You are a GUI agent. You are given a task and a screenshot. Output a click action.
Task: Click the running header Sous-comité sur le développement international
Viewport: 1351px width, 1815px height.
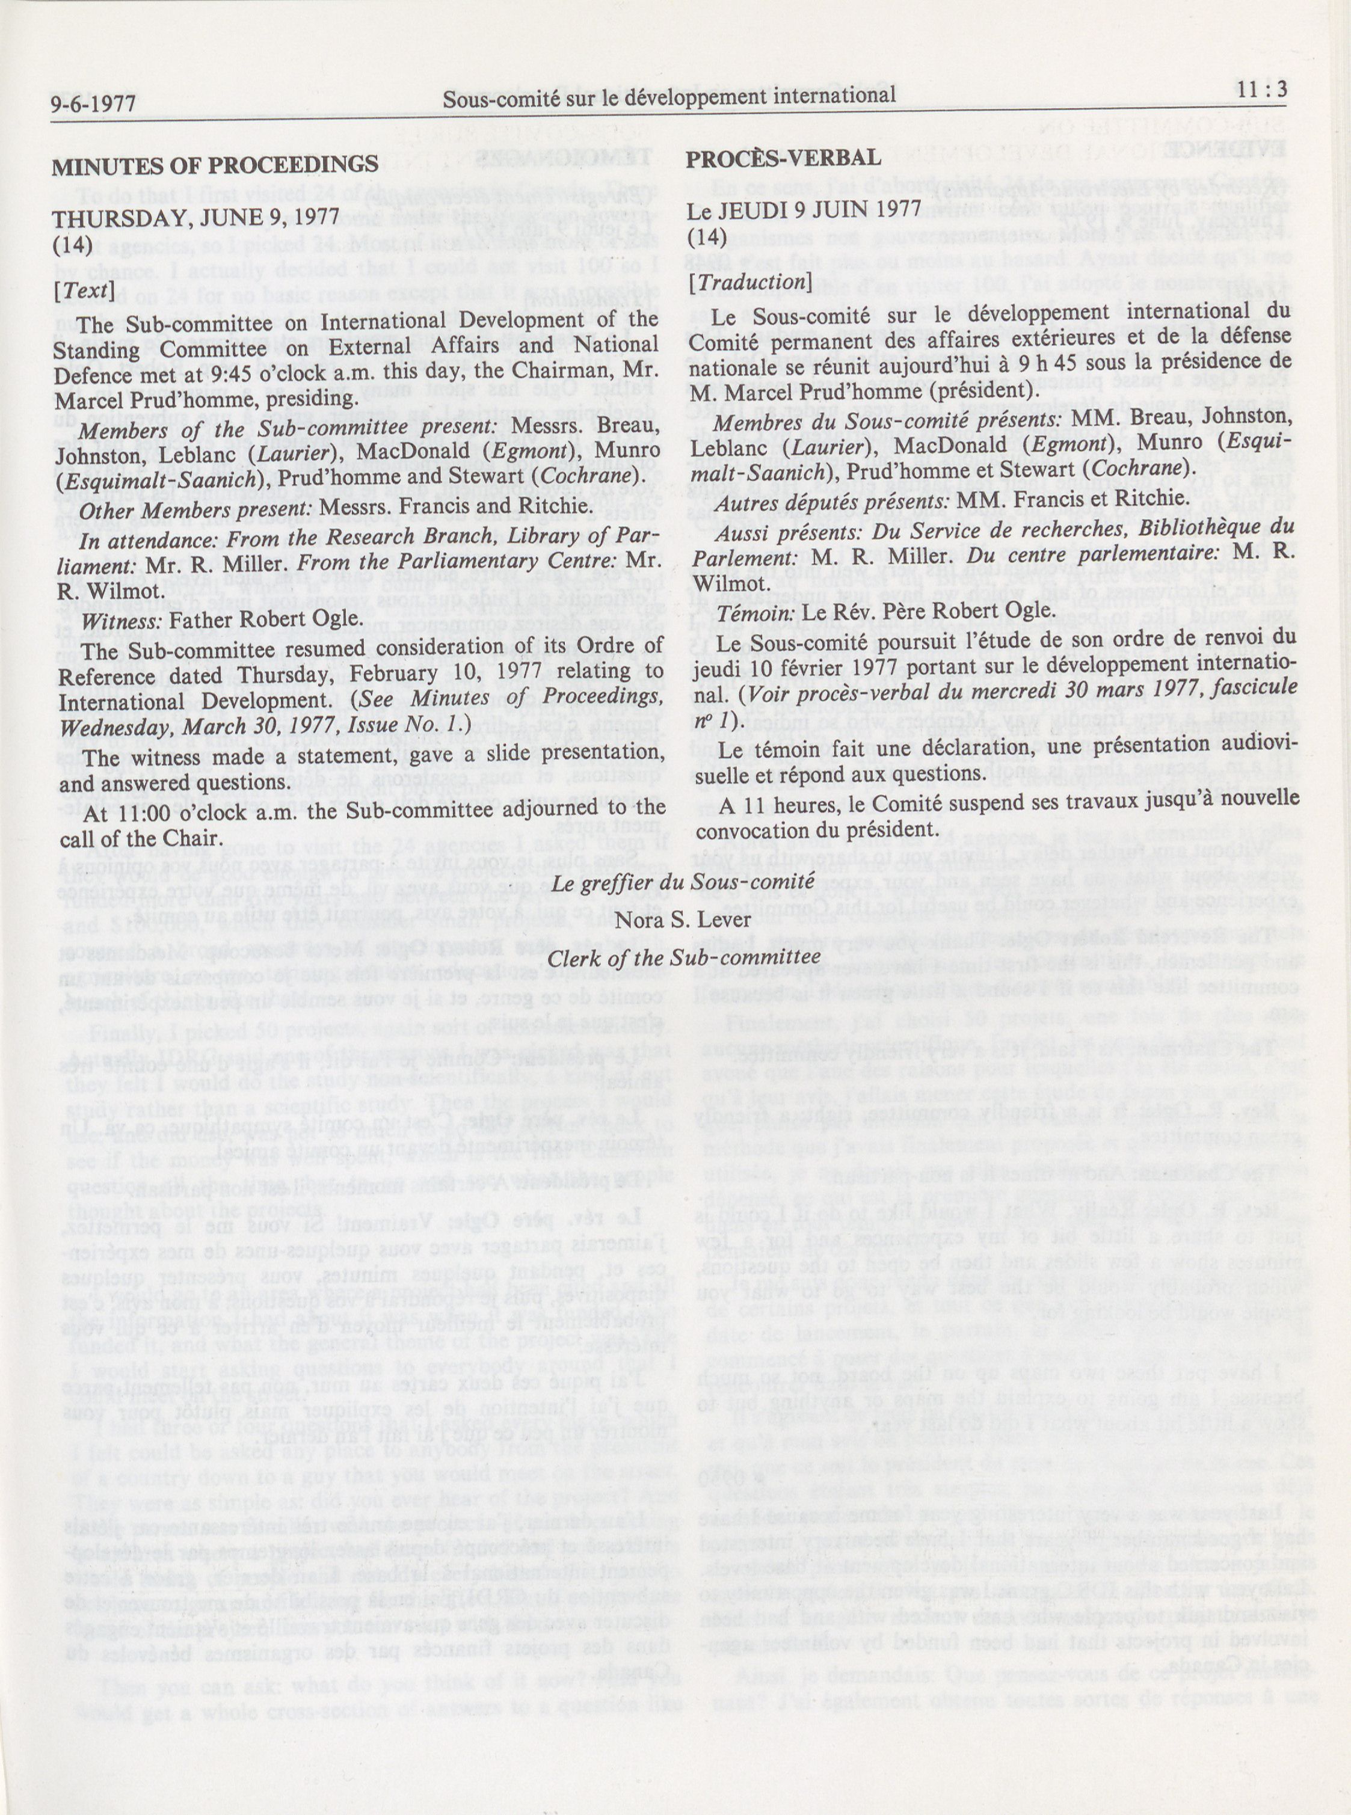pyautogui.click(x=668, y=96)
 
